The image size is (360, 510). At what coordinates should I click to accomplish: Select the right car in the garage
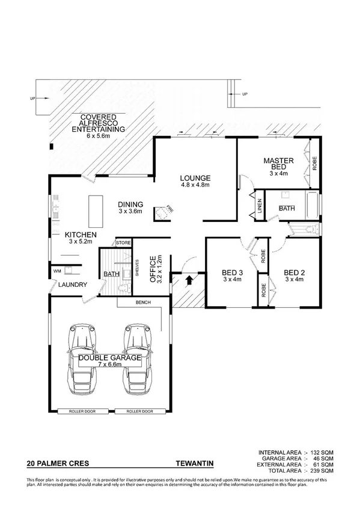pyautogui.click(x=136, y=358)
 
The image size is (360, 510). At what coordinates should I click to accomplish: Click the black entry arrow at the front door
pyautogui.click(x=191, y=279)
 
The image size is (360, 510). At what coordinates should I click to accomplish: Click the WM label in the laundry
pyautogui.click(x=58, y=271)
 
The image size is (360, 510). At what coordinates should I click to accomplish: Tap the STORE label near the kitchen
pyautogui.click(x=123, y=242)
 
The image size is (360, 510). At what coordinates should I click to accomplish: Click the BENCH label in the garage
pyautogui.click(x=142, y=302)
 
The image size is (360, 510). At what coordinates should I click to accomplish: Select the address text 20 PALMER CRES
pyautogui.click(x=53, y=464)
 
